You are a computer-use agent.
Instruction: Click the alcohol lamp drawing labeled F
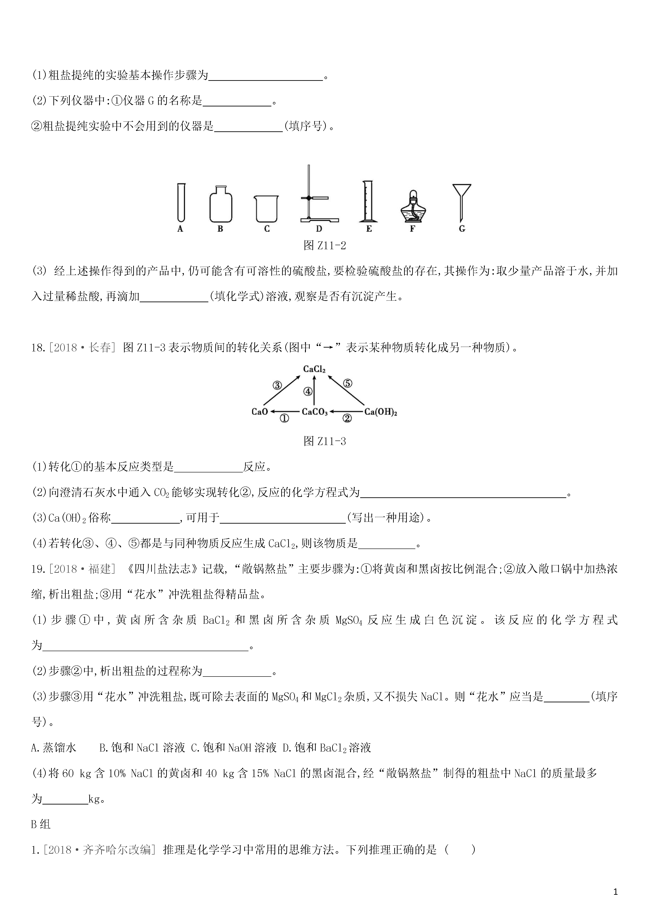tap(413, 207)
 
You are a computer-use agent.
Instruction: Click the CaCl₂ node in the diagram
tap(314, 369)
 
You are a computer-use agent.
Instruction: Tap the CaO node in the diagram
tap(259, 412)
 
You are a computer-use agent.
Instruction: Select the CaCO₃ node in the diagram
tap(315, 412)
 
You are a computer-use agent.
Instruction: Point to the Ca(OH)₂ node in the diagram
tap(380, 412)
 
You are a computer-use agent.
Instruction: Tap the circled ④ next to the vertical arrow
tap(307, 391)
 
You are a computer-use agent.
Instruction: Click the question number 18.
tap(37, 347)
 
